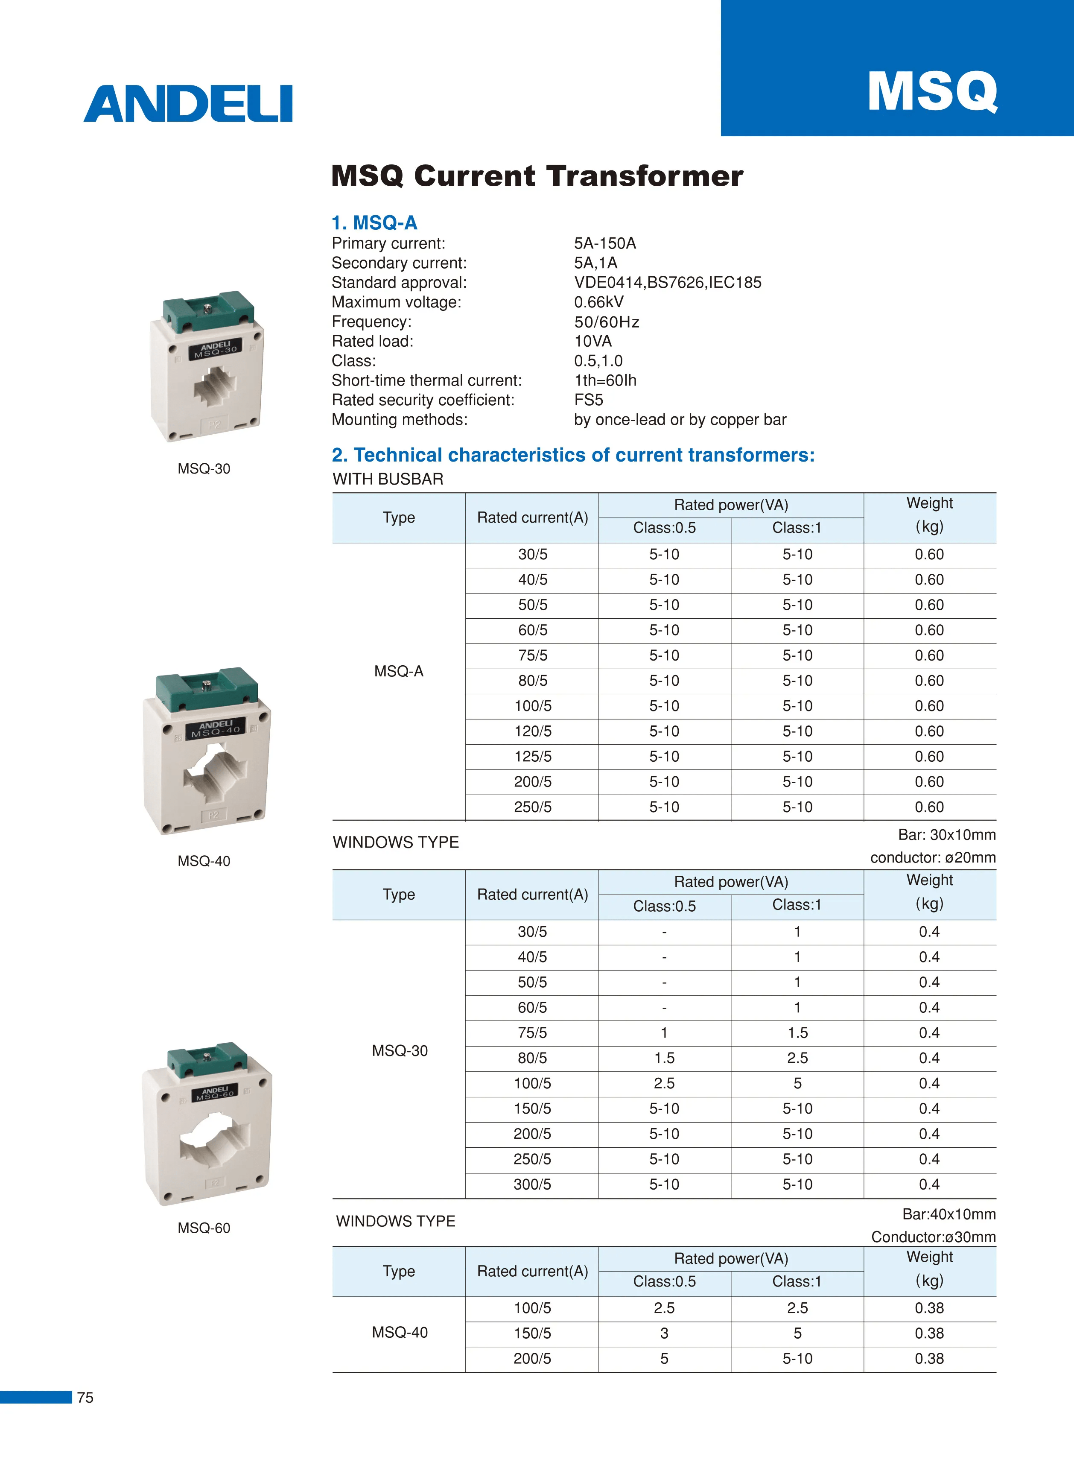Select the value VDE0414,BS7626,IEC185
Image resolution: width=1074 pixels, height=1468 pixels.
[x=667, y=282]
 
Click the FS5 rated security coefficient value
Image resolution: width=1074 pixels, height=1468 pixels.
[x=588, y=400]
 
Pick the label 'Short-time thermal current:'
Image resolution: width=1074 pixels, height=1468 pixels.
[x=426, y=380]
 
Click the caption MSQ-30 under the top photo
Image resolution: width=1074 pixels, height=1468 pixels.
[x=204, y=469]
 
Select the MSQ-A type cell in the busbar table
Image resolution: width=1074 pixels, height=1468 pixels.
[x=399, y=671]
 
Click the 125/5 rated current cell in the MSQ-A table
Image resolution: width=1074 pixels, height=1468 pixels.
[x=532, y=757]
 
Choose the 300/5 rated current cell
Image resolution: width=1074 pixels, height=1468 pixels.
[x=532, y=1184]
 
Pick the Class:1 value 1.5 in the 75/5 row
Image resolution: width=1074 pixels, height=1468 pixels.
[x=797, y=1033]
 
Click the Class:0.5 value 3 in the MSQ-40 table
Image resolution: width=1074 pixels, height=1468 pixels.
[x=664, y=1333]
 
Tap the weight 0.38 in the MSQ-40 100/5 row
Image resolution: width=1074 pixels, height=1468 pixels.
[x=929, y=1308]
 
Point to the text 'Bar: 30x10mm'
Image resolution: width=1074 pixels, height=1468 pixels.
[x=946, y=835]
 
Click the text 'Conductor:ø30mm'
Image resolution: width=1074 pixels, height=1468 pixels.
[x=933, y=1237]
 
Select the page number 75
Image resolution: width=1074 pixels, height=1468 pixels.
[x=85, y=1397]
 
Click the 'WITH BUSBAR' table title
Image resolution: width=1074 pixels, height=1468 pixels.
[x=388, y=479]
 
